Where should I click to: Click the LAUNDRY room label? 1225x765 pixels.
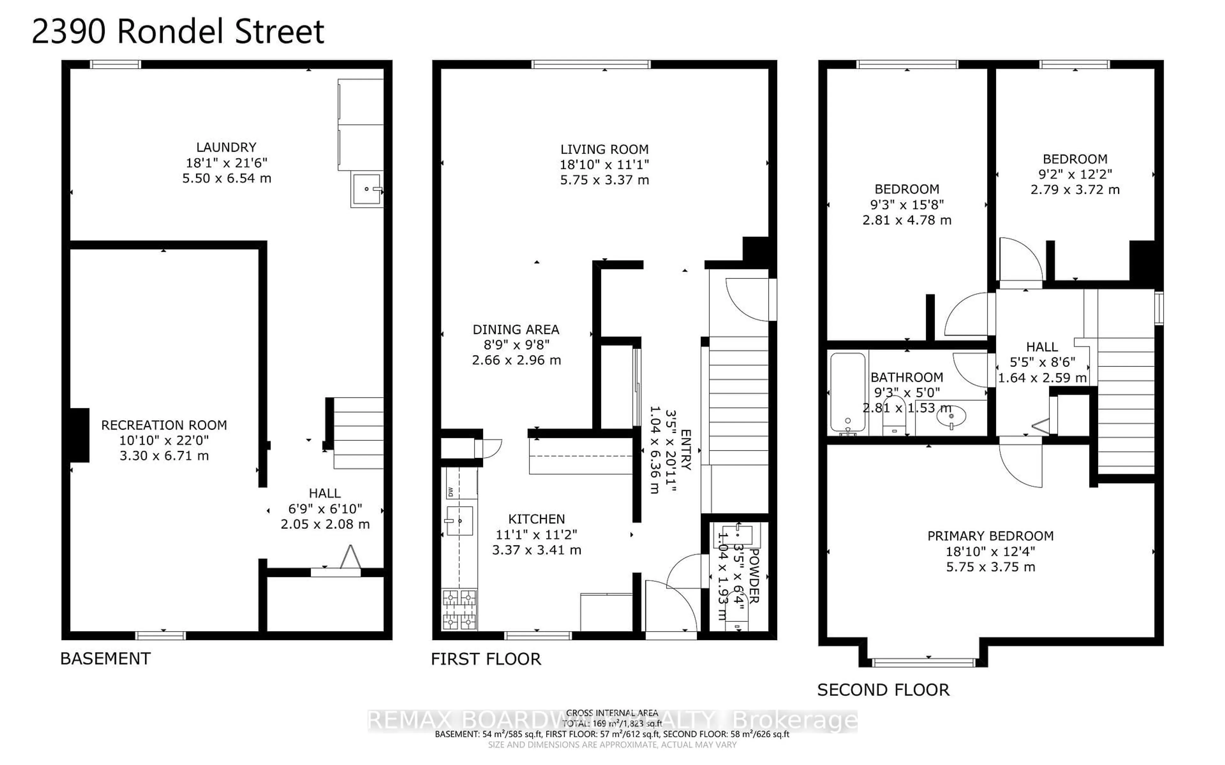[226, 147]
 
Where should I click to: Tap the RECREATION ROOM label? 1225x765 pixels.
[164, 425]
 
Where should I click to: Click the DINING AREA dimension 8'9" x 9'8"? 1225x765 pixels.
[516, 345]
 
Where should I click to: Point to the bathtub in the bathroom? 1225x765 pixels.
[847, 392]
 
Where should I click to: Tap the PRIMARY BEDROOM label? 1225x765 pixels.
[990, 536]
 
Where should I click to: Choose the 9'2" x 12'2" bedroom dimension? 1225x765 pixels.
[1075, 174]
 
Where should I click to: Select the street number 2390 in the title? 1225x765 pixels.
[69, 31]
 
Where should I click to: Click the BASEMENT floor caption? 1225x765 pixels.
[105, 659]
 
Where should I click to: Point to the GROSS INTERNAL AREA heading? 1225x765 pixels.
[612, 713]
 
